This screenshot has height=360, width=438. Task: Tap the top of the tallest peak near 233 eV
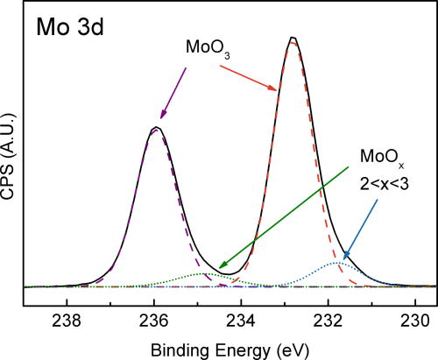pyautogui.click(x=293, y=38)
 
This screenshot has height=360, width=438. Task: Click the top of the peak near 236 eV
pyautogui.click(x=155, y=128)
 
